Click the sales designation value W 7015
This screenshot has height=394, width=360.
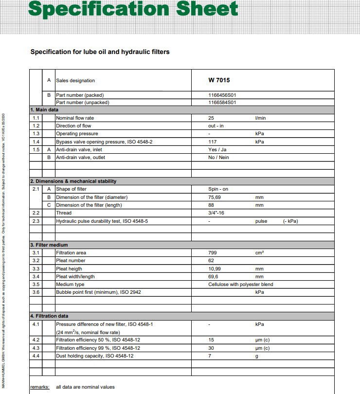click(x=219, y=80)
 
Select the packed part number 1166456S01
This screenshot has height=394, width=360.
click(x=222, y=95)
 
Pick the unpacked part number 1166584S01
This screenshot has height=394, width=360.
click(x=222, y=103)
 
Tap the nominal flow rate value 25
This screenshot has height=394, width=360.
click(x=211, y=118)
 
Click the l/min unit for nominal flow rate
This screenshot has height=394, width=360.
click(x=260, y=118)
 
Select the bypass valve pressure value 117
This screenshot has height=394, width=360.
click(x=212, y=142)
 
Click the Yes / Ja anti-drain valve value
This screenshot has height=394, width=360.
click(x=217, y=150)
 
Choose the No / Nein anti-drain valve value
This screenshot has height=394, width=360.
click(x=218, y=158)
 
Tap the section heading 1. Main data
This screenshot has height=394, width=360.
click(x=44, y=110)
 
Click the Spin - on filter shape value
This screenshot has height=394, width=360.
click(x=218, y=189)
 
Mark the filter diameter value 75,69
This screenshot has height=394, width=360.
click(x=215, y=197)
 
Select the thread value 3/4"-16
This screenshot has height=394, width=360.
click(x=216, y=213)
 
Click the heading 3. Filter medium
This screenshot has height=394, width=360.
click(x=49, y=245)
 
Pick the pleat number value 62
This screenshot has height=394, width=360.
click(x=211, y=261)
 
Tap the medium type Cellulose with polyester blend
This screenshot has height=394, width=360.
click(x=241, y=285)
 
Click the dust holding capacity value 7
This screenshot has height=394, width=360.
click(x=210, y=356)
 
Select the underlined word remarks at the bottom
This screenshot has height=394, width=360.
click(x=40, y=387)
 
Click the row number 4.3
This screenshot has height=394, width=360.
click(x=36, y=348)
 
